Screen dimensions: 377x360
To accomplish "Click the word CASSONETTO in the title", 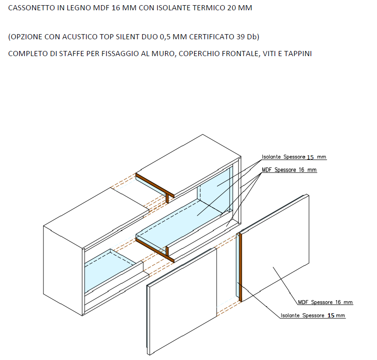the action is pyautogui.click(x=32, y=8).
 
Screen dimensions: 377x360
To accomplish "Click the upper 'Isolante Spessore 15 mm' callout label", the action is pyautogui.click(x=294, y=157).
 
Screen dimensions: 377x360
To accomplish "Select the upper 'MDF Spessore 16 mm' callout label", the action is pyautogui.click(x=289, y=170).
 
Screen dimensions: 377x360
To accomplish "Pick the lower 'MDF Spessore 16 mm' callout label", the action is pyautogui.click(x=325, y=302).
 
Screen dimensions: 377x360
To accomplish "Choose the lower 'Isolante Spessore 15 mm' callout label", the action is pyautogui.click(x=313, y=315).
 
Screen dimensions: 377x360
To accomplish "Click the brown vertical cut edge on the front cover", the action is pyautogui.click(x=240, y=267).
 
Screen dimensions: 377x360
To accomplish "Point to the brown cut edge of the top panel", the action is pyautogui.click(x=155, y=185).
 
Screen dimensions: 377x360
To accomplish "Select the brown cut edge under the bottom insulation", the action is pyautogui.click(x=155, y=250).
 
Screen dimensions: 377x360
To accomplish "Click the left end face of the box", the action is pyautogui.click(x=63, y=270).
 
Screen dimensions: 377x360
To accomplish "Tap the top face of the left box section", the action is pyautogui.click(x=96, y=217).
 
